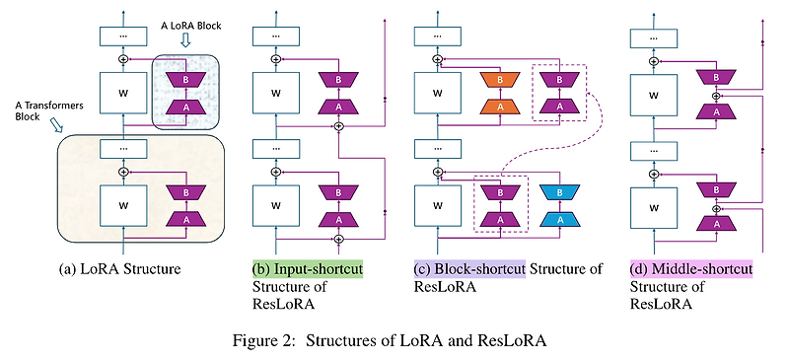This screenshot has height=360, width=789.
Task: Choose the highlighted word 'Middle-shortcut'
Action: [x=690, y=268]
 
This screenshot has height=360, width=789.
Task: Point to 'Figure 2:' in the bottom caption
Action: [x=272, y=340]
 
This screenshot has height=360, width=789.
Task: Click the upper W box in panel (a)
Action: [x=123, y=96]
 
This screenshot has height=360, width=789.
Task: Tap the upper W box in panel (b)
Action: [x=277, y=96]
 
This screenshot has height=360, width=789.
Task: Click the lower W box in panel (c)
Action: [x=431, y=205]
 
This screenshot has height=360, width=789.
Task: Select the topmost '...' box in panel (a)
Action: [x=123, y=36]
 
